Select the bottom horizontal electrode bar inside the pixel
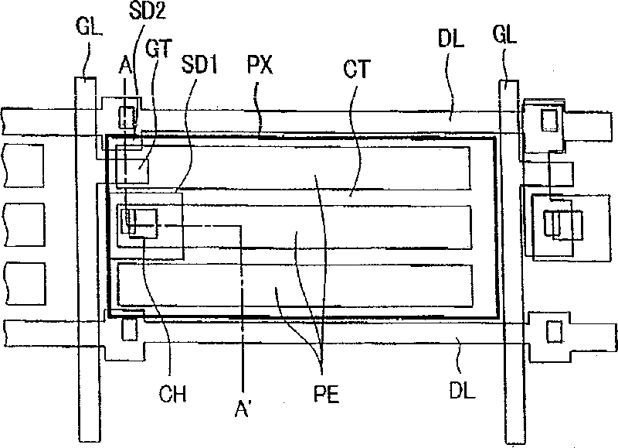[294, 283]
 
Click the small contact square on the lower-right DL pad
[552, 331]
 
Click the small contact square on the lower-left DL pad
[129, 328]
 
